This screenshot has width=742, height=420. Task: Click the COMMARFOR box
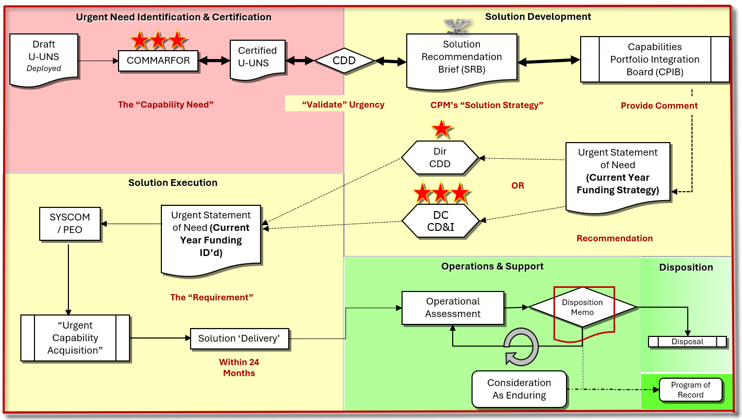coord(158,61)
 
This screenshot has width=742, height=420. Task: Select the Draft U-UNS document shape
coord(44,56)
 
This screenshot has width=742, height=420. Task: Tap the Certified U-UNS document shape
coord(257,57)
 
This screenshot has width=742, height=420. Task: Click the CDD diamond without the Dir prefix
coord(344,61)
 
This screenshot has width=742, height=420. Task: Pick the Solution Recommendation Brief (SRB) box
coord(462,57)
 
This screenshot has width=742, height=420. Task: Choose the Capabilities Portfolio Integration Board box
coord(654,60)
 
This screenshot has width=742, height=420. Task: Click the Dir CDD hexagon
coord(440,158)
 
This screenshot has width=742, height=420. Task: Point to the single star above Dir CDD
coord(442,129)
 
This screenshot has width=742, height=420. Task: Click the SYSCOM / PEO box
coord(70,224)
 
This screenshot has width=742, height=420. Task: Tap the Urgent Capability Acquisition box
coord(75,338)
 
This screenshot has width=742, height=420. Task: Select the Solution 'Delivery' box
coord(239,339)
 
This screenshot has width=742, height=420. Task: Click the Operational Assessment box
coord(453,308)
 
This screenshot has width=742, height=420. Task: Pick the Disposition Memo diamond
coord(583,307)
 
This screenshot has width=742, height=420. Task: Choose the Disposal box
coord(687,342)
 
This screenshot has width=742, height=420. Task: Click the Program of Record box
coord(690,390)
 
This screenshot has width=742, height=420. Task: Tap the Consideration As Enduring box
coord(519,389)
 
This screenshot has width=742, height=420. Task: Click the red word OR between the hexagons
coord(517,185)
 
